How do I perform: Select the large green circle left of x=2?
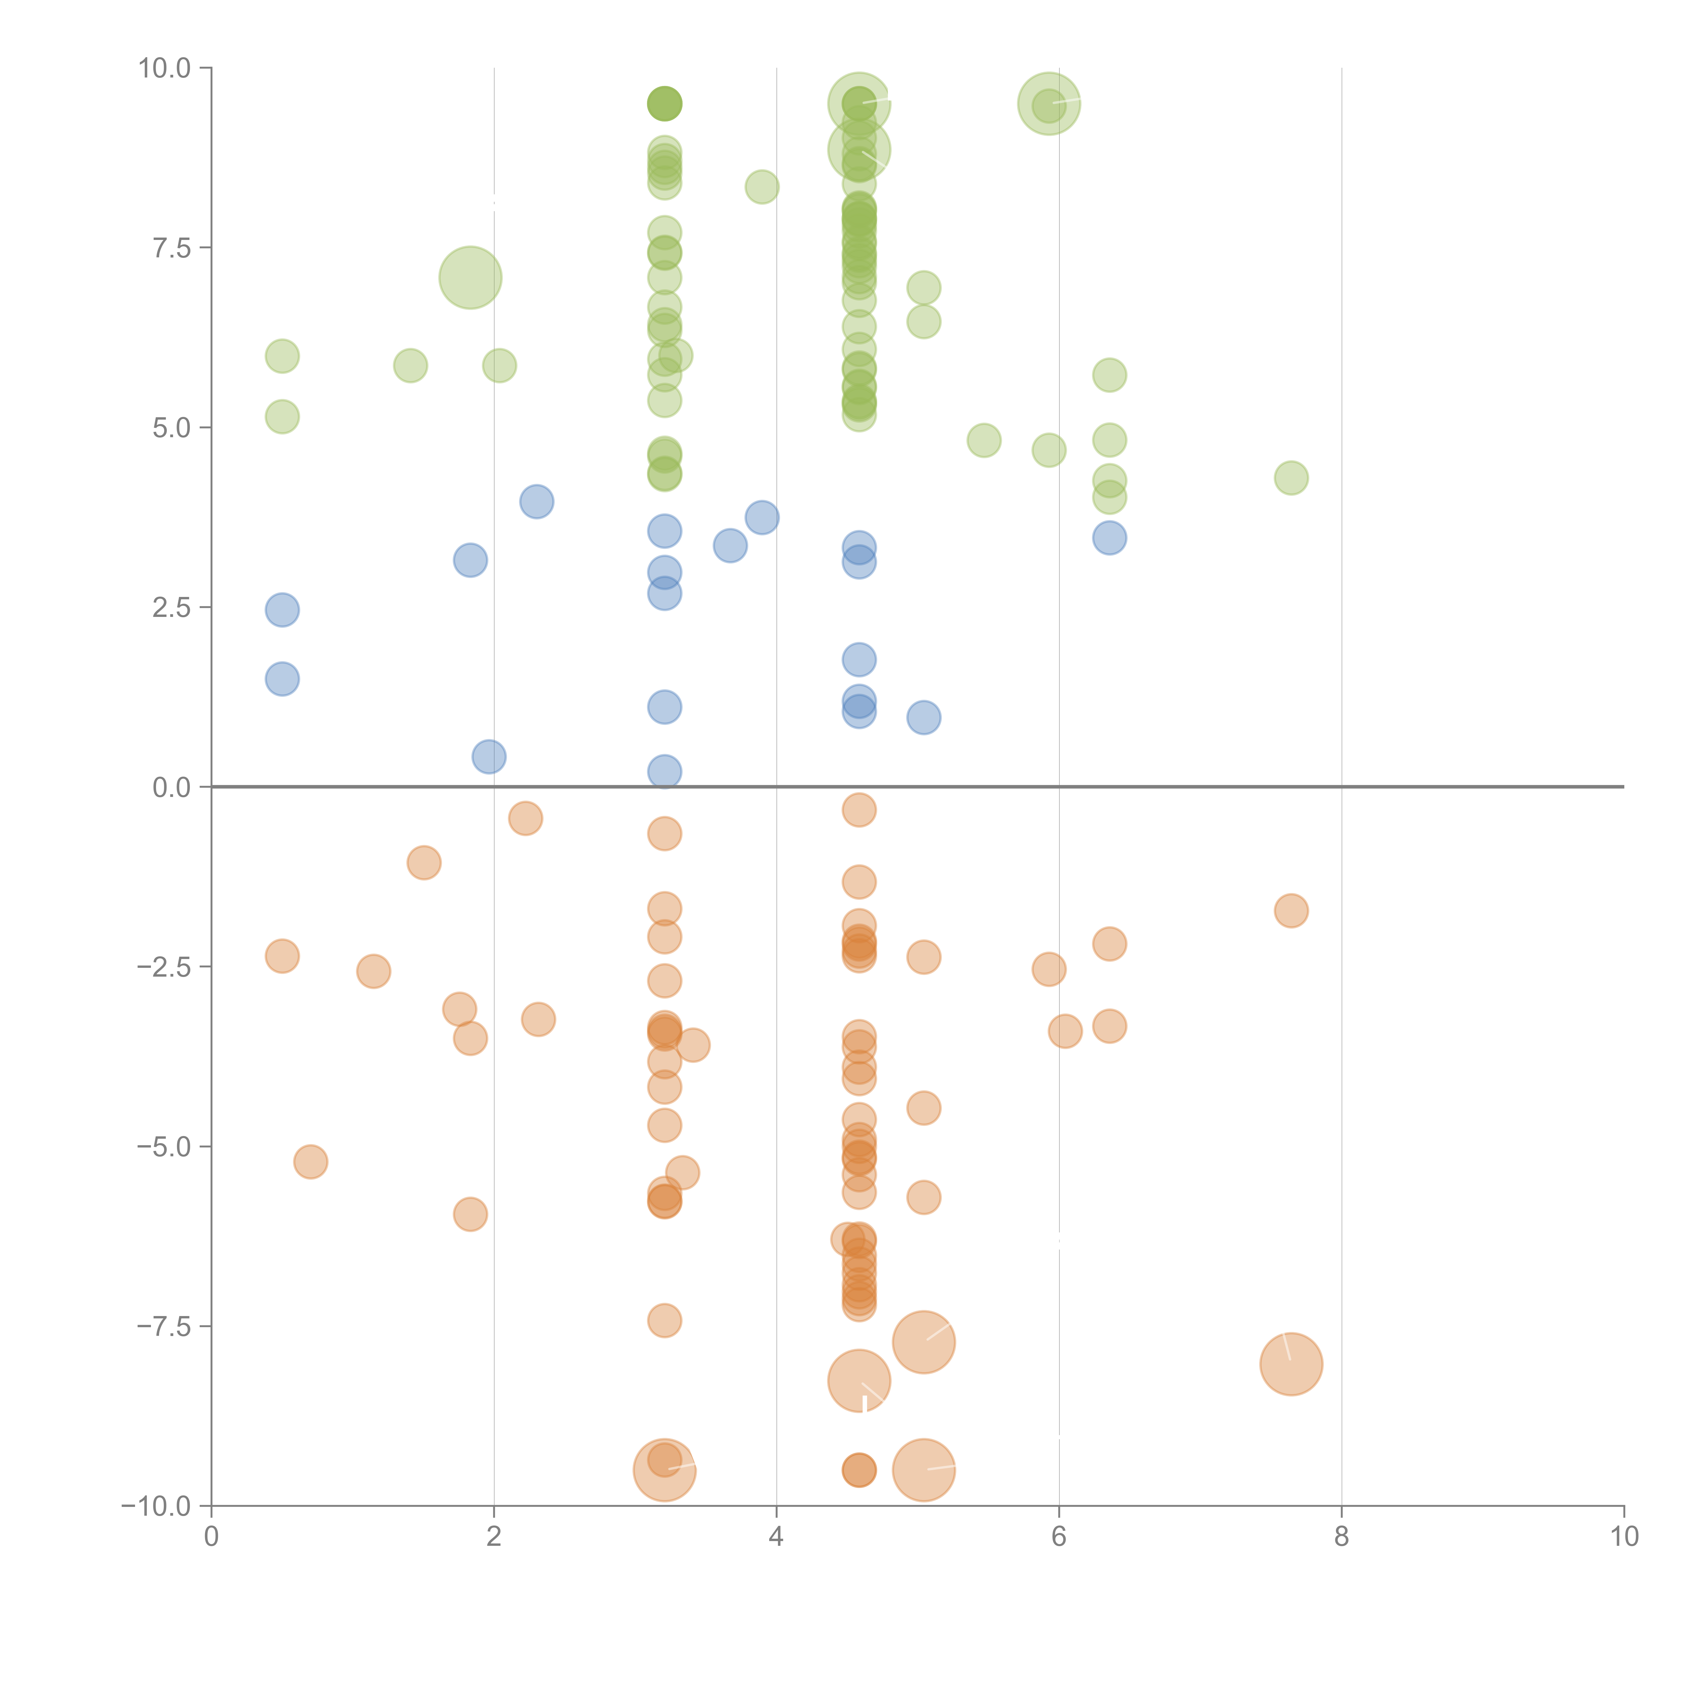[470, 277]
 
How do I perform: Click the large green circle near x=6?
[1049, 103]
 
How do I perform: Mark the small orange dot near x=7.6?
[1291, 911]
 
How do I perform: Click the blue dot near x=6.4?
[1110, 538]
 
